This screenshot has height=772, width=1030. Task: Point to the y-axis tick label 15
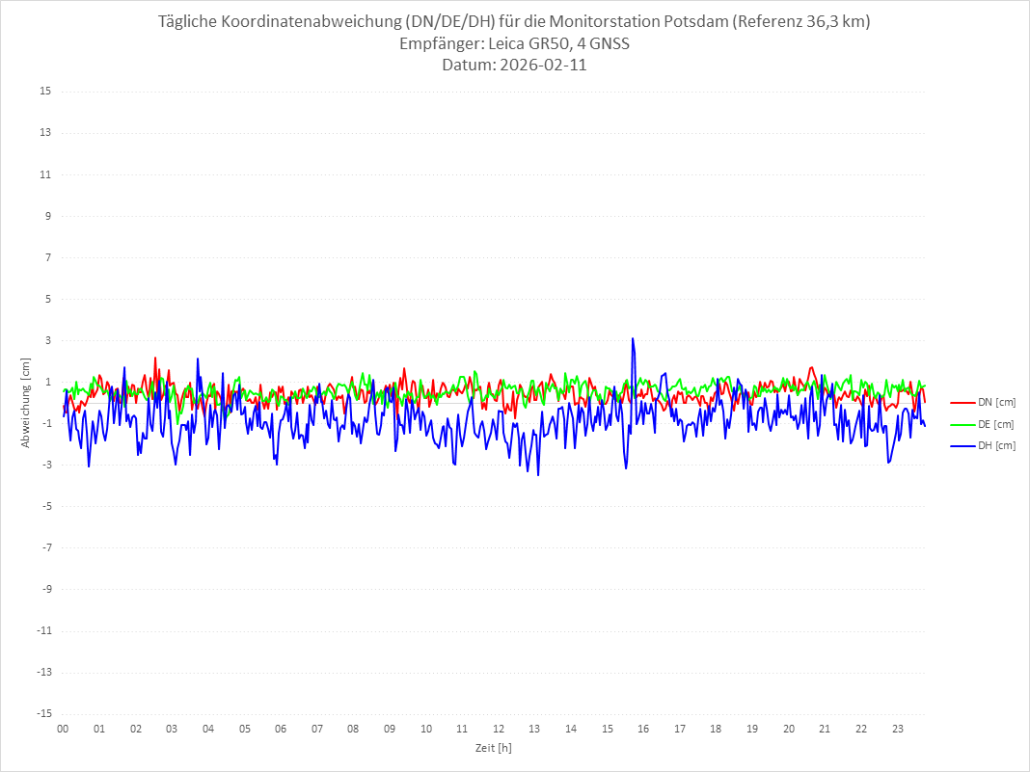[x=45, y=92]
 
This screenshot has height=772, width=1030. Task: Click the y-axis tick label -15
[x=43, y=713]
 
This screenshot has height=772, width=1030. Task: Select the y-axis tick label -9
[x=45, y=589]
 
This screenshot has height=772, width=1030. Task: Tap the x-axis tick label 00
[x=63, y=729]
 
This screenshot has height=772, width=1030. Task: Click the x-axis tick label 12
[x=499, y=729]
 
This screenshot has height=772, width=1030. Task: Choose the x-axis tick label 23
[x=898, y=729]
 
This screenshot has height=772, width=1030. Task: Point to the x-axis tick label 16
[x=643, y=729]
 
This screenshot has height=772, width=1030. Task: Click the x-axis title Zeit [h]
[x=493, y=748]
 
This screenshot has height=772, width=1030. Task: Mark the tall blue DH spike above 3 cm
[x=633, y=340]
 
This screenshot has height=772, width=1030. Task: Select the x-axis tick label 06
[x=281, y=729]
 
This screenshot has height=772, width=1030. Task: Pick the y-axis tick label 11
[x=45, y=174]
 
